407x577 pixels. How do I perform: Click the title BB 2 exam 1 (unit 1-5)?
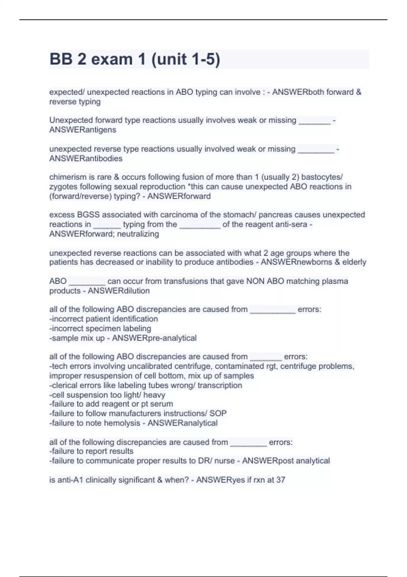pos(135,59)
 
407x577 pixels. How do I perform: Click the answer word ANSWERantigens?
pos(82,130)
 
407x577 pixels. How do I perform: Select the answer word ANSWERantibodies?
pos(86,159)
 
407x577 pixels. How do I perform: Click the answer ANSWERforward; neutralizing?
pos(104,234)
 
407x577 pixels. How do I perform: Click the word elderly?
pos(354,262)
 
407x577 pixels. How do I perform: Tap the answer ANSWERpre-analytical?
pos(154,338)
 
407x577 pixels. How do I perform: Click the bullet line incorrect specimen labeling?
pos(100,329)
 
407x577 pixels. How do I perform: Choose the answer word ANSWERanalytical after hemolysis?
pos(182,423)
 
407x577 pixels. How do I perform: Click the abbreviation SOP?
pos(218,413)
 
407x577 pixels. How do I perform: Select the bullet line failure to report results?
pos(91,451)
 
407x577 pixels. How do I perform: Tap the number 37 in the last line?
pos(280,480)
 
